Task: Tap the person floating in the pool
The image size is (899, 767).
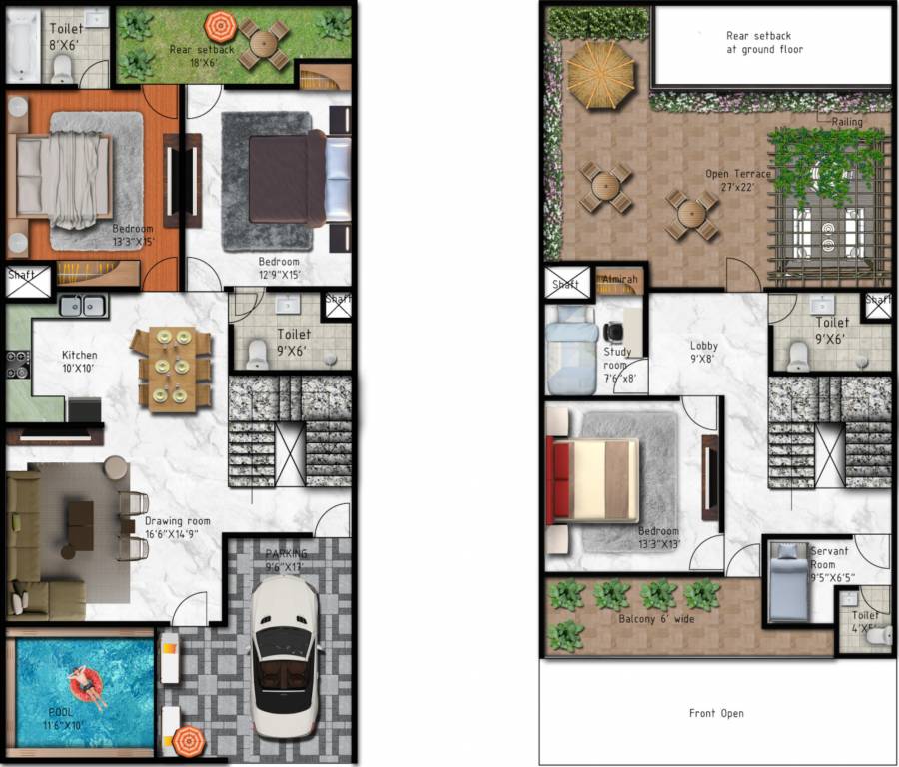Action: pyautogui.click(x=85, y=687)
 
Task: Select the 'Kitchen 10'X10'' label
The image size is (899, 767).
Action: pyautogui.click(x=80, y=363)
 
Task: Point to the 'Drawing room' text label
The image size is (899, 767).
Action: pyautogui.click(x=178, y=521)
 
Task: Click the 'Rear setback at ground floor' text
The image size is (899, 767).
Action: pyautogui.click(x=764, y=42)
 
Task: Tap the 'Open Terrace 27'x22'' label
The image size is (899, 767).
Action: pyautogui.click(x=738, y=180)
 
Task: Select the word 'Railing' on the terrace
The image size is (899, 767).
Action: pyautogui.click(x=846, y=122)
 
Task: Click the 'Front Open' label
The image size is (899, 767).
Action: pyautogui.click(x=716, y=713)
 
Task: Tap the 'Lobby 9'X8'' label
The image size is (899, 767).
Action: pyautogui.click(x=703, y=353)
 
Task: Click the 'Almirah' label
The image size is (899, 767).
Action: pyautogui.click(x=619, y=281)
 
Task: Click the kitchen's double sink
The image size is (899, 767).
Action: pyautogui.click(x=83, y=307)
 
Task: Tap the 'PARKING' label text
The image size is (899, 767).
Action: pyautogui.click(x=286, y=554)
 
